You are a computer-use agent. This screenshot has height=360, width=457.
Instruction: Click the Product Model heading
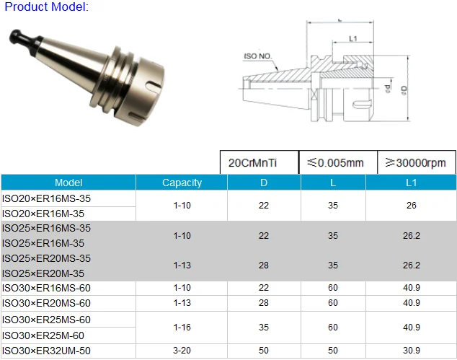[x=47, y=7]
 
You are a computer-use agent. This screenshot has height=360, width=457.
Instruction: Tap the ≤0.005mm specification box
[x=332, y=163]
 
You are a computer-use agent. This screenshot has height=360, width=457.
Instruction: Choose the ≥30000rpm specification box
[x=411, y=163]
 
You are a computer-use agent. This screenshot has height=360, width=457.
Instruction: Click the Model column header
[x=68, y=183]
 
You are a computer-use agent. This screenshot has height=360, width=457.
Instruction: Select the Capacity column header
[x=182, y=183]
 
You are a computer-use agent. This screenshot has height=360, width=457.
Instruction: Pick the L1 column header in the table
[x=411, y=183]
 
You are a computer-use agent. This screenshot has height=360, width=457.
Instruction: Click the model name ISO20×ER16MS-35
[x=47, y=198]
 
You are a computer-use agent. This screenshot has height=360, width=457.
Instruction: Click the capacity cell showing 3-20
[x=182, y=351]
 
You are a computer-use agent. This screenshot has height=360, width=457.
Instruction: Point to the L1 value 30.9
[x=411, y=351]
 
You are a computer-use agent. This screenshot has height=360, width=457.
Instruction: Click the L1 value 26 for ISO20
[x=411, y=206]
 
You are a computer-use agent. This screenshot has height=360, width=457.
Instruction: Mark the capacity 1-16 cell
[x=182, y=327]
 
